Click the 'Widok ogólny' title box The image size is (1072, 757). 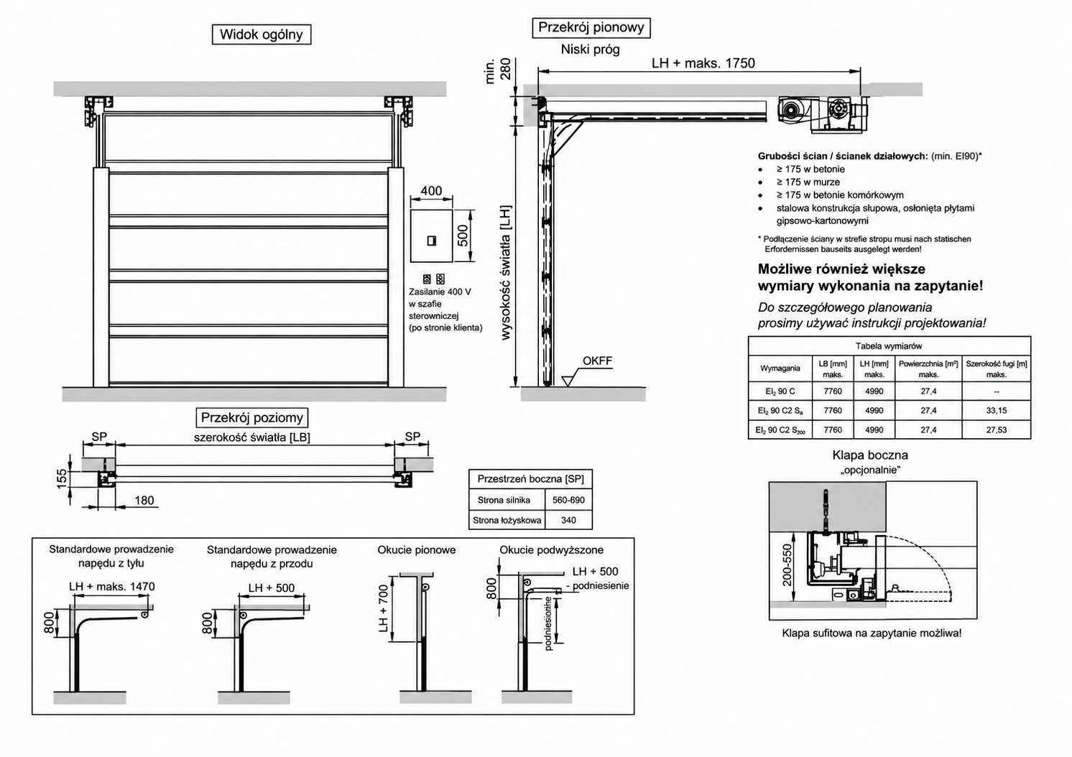pos(262,34)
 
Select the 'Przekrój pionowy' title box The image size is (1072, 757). pos(591,27)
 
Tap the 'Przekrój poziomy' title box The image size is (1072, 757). pos(251,418)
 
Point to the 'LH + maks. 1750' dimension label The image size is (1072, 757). pos(703,63)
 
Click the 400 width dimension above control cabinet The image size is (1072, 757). pos(431,191)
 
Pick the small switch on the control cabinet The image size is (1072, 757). pos(431,241)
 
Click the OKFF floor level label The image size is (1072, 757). pos(597,361)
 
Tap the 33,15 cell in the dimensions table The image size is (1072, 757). pos(997,410)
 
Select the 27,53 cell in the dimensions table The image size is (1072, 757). pos(997,429)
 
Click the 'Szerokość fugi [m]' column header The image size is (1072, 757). pos(997,369)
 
